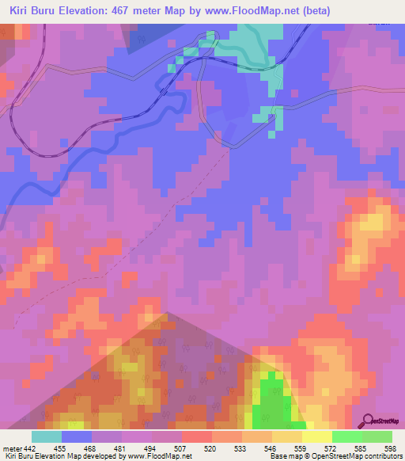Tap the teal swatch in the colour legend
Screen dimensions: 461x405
coord(46,436)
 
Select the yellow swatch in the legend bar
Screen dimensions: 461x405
coord(317,436)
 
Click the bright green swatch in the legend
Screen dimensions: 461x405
coord(347,436)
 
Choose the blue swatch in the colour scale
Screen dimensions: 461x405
coord(77,436)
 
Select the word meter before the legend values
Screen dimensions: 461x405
coord(11,448)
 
